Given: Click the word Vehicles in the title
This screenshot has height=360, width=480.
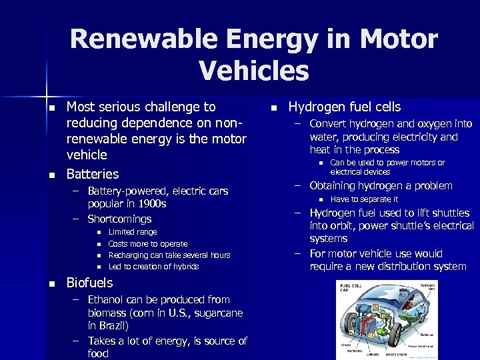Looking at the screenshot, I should [254, 70].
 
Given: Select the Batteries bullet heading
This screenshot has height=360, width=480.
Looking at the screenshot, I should [92, 174].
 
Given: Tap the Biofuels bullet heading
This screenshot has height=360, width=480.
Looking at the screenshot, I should [89, 283].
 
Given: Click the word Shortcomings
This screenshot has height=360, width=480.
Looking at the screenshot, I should [119, 219].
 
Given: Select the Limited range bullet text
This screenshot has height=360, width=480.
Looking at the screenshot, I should [133, 232].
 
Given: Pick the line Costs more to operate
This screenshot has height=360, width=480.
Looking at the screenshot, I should [147, 244].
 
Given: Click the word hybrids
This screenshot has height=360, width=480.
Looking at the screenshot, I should [184, 267].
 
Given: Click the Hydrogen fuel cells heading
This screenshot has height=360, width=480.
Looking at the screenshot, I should [345, 107].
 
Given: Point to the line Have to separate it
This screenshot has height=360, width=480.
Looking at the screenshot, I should [364, 199].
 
